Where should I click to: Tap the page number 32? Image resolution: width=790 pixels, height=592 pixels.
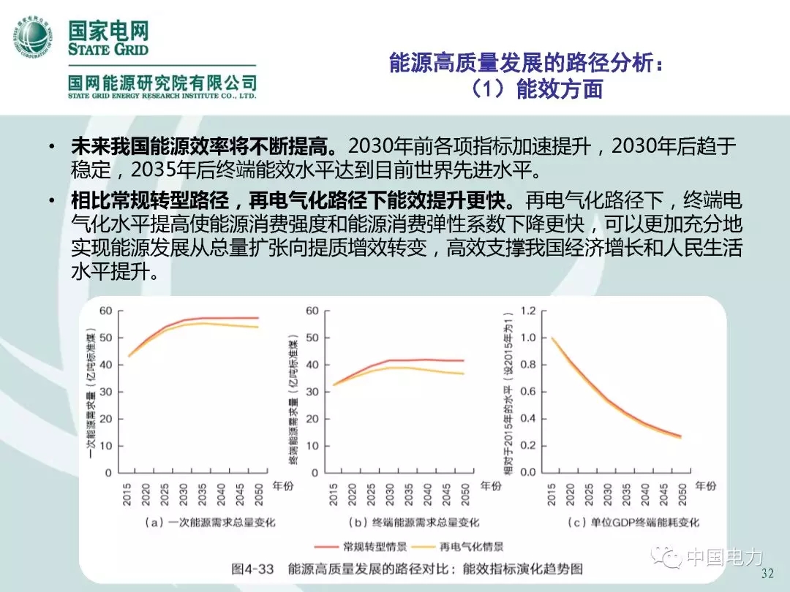768,572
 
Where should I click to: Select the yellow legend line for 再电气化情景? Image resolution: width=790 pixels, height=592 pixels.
419,546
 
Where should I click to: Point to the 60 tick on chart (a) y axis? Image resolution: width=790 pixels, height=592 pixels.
105,311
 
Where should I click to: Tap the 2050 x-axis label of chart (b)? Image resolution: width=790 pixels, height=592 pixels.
463,498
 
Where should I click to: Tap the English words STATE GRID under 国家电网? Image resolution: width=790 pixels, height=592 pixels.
108,50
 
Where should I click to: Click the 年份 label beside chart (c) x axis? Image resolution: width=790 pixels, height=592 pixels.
704,486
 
